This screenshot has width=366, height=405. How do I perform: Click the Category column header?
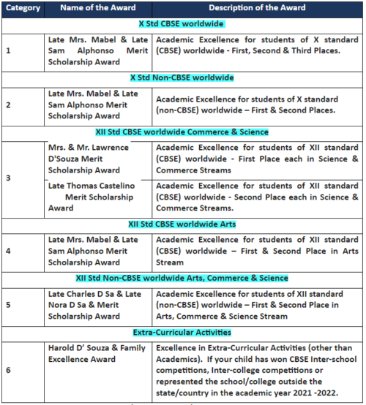point(22,8)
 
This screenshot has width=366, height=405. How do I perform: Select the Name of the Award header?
point(97,8)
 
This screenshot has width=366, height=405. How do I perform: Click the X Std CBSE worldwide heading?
point(182,24)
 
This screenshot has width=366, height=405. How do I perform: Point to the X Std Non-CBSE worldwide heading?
point(182,77)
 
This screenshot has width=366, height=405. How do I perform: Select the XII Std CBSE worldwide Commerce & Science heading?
point(182,132)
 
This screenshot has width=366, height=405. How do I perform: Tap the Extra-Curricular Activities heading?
point(182,332)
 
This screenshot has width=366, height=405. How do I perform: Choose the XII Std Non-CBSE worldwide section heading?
point(182,278)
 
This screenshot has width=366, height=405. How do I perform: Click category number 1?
point(9,50)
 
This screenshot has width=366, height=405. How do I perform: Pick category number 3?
point(9,178)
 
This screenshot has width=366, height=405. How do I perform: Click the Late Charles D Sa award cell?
point(95,305)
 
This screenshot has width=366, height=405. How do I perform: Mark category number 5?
point(9,305)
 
